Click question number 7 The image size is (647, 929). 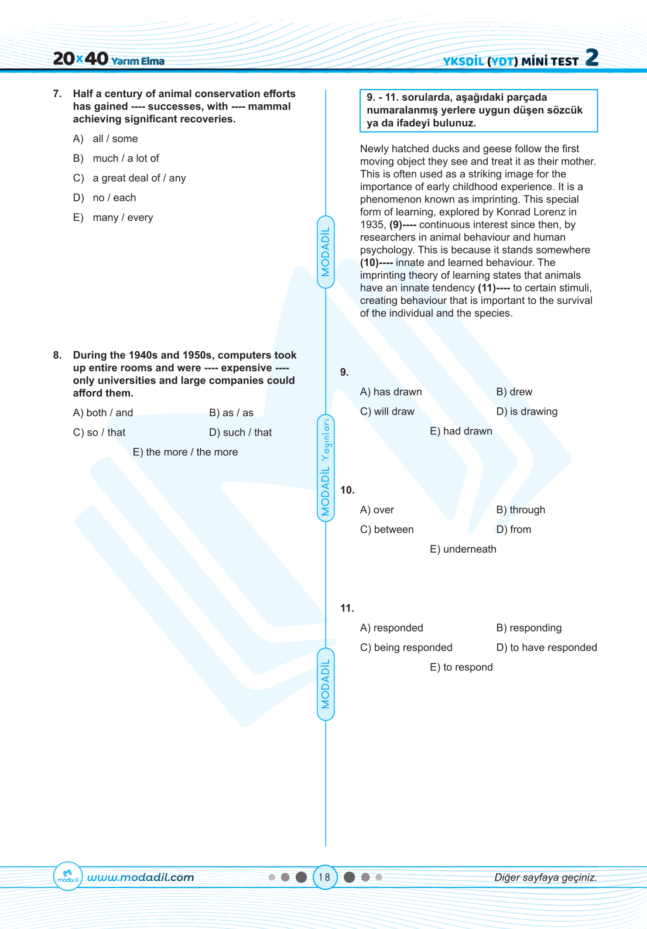(57, 94)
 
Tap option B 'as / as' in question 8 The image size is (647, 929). (231, 413)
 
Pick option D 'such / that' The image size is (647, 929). (240, 433)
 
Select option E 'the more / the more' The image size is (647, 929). (185, 452)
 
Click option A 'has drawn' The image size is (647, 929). (391, 392)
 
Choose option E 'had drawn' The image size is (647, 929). (461, 431)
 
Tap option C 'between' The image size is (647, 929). (386, 529)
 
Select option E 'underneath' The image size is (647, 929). (463, 549)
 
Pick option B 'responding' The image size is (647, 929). (529, 628)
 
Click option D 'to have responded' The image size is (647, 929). (546, 647)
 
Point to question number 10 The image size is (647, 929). (347, 490)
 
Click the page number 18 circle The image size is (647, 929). (325, 877)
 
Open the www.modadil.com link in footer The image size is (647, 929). (141, 877)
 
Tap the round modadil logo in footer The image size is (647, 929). (67, 876)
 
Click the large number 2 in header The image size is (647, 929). (592, 57)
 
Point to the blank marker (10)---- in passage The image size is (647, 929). (376, 263)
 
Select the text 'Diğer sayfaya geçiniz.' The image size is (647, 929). (546, 877)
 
